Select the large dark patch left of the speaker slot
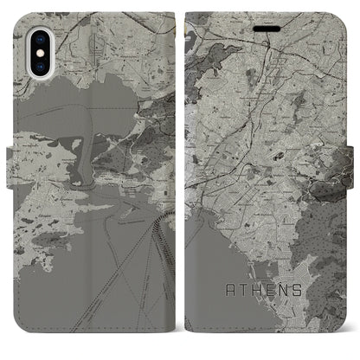pos(227,21)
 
